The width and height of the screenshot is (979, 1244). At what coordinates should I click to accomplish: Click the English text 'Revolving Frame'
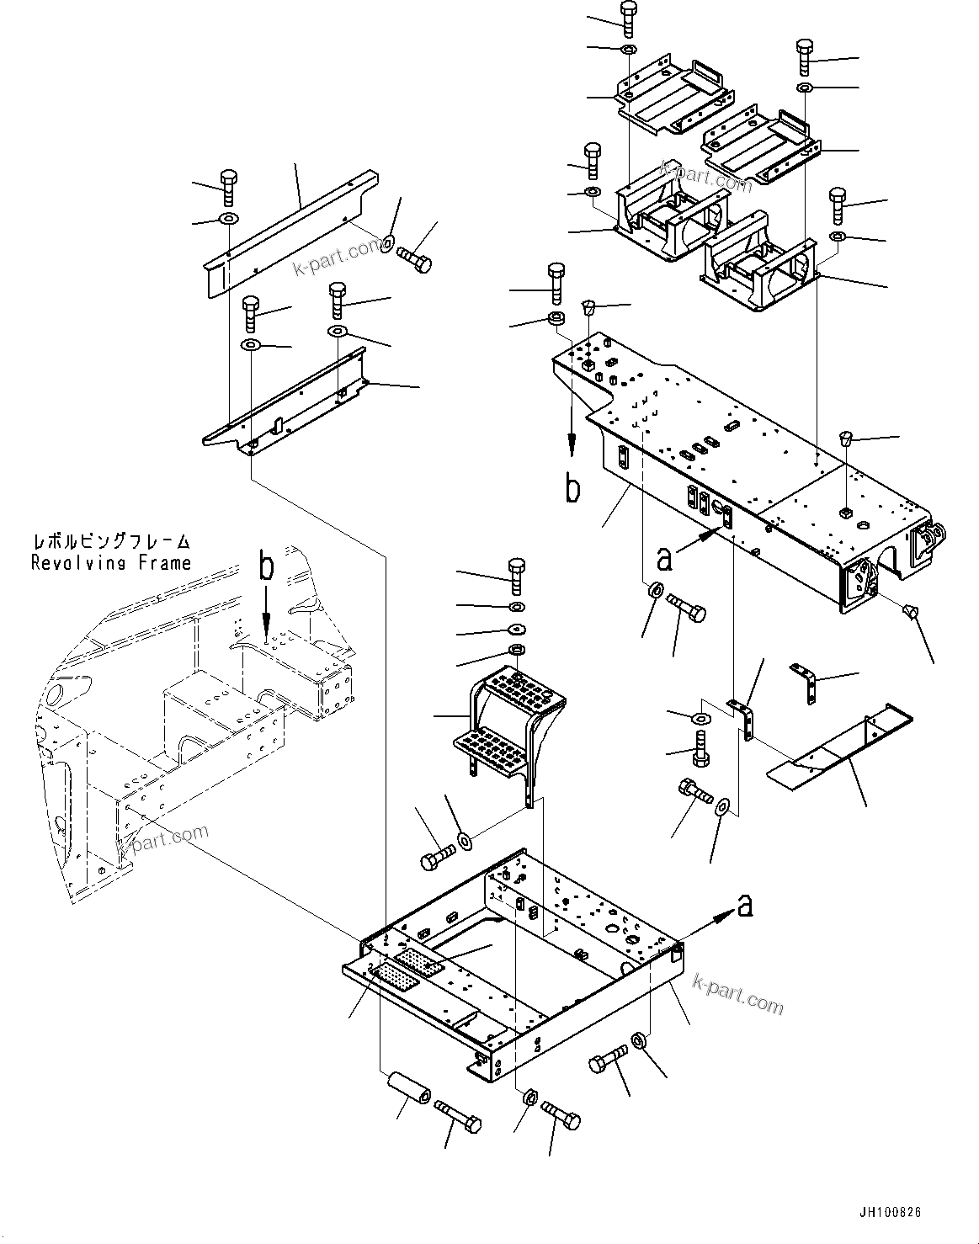pyautogui.click(x=110, y=563)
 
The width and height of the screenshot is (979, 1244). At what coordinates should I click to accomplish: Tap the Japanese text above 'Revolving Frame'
pyautogui.click(x=110, y=542)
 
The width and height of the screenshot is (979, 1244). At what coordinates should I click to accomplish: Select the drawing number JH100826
pyautogui.click(x=890, y=1213)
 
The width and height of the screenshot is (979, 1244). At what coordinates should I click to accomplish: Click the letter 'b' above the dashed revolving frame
pyautogui.click(x=266, y=567)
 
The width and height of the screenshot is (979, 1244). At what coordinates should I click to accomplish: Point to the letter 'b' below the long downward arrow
pyautogui.click(x=572, y=489)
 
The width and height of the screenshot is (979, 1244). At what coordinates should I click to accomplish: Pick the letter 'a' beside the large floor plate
pyautogui.click(x=665, y=557)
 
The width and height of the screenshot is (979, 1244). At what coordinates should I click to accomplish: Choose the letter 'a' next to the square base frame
pyautogui.click(x=743, y=906)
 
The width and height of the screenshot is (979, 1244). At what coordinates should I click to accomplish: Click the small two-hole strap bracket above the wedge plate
pyautogui.click(x=806, y=683)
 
